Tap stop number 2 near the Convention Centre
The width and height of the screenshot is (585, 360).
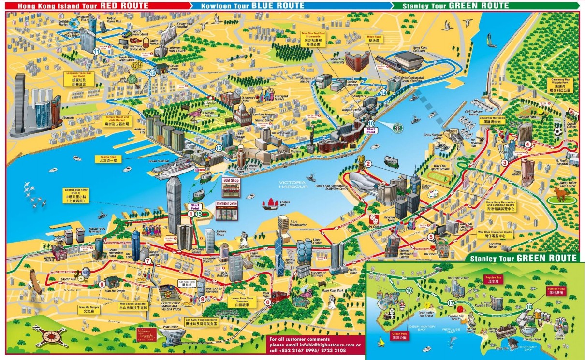tap(368, 164)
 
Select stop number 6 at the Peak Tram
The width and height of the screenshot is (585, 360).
tap(267, 302)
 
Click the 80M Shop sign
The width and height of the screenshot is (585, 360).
tap(231, 180)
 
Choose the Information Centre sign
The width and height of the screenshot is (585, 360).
tap(227, 204)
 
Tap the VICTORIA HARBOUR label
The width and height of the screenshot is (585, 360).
tap(292, 185)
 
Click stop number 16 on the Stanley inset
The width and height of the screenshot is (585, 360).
tap(409, 290)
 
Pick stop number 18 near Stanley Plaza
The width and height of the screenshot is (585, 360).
tap(529, 307)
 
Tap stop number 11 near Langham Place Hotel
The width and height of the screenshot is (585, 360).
tap(97, 51)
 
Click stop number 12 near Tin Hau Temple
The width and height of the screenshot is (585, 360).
tap(153, 73)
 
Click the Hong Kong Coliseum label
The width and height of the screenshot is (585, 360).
tap(421, 48)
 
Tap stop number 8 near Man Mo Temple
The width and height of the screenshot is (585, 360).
tap(102, 284)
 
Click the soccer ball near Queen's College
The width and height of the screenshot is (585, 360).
tap(557, 131)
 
